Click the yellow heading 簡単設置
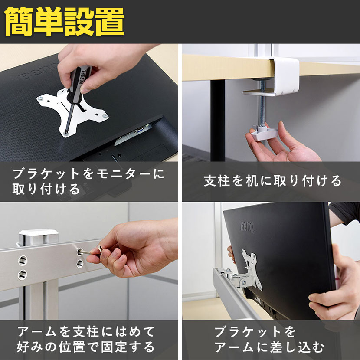(64, 22)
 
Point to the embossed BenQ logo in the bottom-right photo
(247, 228)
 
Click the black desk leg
(217, 121)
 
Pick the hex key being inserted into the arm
(91, 251)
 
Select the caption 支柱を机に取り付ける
(273, 181)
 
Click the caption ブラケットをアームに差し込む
(269, 339)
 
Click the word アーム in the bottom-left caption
(37, 331)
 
